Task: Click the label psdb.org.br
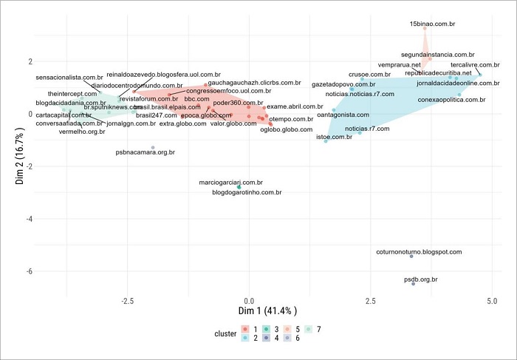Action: [x=421, y=279]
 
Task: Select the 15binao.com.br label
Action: [x=428, y=24]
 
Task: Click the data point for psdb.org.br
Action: [x=414, y=284]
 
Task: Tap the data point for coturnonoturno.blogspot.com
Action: [x=411, y=257]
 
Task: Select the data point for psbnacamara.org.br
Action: [x=153, y=148]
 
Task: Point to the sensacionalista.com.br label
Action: [x=69, y=78]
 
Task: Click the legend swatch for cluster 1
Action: [x=246, y=328]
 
